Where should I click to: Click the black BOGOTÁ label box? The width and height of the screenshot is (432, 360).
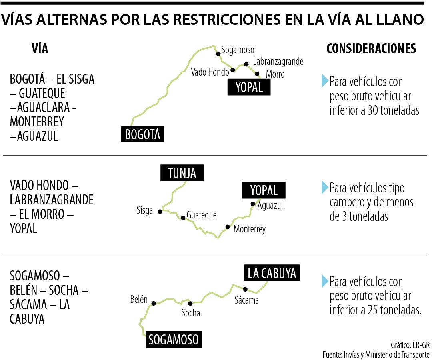pos(142,134)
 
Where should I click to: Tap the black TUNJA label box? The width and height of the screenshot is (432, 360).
pos(182,173)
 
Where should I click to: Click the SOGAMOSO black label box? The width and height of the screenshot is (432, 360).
pos(173,340)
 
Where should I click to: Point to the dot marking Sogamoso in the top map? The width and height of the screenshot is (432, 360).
pos(218,54)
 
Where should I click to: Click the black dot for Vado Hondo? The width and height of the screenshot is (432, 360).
pos(233,70)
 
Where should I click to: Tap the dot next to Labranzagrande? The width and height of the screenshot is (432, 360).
pos(246,64)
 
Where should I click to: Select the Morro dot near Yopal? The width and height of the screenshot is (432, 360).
pos(258,74)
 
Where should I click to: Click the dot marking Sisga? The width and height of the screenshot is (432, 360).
pos(160,211)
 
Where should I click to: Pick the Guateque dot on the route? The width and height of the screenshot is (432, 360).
pos(183,218)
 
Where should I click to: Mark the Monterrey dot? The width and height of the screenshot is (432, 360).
pos(228,227)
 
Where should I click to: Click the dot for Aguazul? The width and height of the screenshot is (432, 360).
pos(252,204)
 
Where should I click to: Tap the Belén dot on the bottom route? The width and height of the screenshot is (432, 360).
pos(153,303)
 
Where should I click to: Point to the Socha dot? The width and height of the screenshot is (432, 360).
pos(190,303)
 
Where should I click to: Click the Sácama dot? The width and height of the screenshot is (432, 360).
pos(245,290)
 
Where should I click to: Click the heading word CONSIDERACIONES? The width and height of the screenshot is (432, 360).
pos(371,48)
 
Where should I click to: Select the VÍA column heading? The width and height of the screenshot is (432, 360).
pos(40,49)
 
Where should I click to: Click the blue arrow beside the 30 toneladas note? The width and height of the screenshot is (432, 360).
pos(324,81)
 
